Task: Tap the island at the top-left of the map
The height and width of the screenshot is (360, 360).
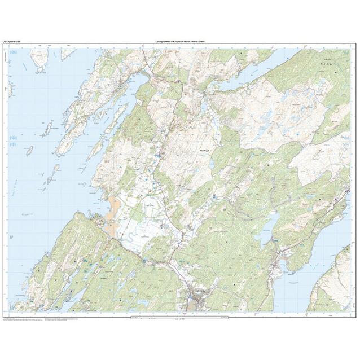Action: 39,59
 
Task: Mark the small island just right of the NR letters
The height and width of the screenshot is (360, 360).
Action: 29,151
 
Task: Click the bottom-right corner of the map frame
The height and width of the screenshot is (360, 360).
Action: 351,312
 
